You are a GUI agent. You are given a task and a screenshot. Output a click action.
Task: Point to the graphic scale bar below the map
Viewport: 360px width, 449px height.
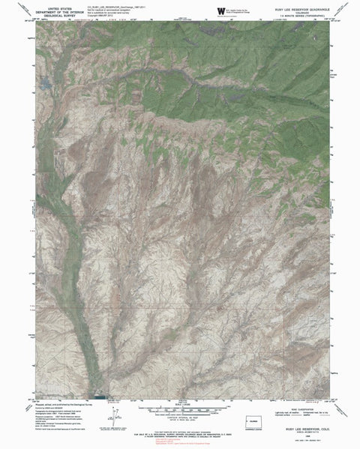(181, 409)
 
